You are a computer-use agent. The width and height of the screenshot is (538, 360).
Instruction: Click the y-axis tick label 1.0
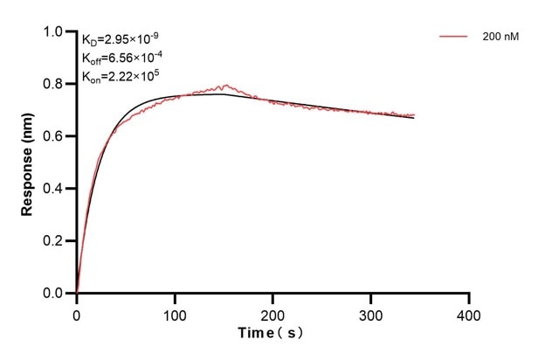[55, 32]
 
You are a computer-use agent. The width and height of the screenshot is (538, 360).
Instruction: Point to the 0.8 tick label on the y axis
[55, 85]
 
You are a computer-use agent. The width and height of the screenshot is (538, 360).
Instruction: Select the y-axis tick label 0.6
[55, 136]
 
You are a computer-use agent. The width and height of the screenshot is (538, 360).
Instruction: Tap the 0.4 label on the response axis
[55, 189]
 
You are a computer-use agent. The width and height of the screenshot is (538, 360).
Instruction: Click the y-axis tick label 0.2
[55, 241]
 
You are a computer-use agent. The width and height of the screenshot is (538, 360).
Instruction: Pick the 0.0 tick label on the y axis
[55, 294]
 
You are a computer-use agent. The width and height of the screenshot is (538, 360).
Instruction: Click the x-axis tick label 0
[77, 314]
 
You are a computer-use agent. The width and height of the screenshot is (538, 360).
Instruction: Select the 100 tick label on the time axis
[175, 314]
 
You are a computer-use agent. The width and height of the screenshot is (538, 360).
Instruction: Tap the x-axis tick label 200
[273, 314]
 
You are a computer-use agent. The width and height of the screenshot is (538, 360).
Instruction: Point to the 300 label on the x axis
[371, 314]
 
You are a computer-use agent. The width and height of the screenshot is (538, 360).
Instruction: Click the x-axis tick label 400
[470, 314]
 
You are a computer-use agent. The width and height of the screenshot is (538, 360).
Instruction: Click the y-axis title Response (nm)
[29, 163]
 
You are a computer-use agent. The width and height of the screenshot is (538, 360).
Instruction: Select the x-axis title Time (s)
[272, 335]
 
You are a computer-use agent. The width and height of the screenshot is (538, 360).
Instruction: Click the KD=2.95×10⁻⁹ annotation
[121, 39]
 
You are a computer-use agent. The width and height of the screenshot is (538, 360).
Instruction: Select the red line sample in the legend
[454, 37]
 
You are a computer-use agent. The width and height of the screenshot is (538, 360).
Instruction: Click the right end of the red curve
[414, 114]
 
